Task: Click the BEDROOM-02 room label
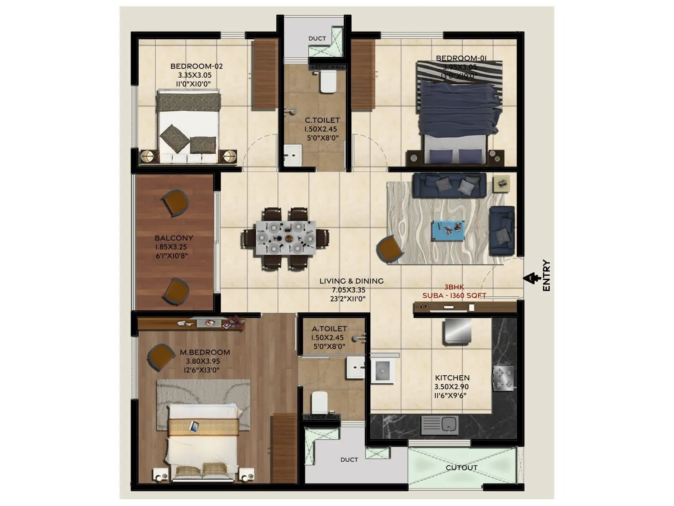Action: click(x=196, y=66)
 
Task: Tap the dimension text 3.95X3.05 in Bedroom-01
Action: click(x=460, y=67)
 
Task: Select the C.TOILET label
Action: click(x=322, y=120)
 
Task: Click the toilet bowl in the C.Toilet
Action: click(x=328, y=82)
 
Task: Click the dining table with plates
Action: click(x=286, y=238)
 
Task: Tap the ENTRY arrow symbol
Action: click(x=532, y=278)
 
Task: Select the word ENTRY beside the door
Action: click(x=546, y=275)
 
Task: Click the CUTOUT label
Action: click(x=461, y=468)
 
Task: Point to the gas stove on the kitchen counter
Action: click(x=504, y=378)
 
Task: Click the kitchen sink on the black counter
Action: click(x=439, y=425)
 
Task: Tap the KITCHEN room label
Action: click(x=452, y=378)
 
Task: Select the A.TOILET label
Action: click(x=329, y=328)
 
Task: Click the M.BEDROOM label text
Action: click(x=205, y=352)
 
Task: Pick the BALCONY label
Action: click(x=174, y=238)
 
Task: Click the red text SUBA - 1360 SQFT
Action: click(x=454, y=296)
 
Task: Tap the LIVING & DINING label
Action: click(x=351, y=281)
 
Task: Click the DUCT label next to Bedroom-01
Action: click(x=317, y=38)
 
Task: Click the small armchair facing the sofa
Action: click(x=390, y=250)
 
